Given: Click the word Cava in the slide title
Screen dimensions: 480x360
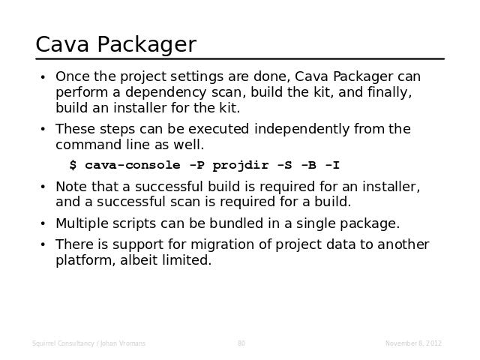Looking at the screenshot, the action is (62, 44).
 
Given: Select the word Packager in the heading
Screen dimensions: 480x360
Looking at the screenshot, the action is (147, 45).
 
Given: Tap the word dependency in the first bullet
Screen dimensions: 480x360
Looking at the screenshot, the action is (166, 93).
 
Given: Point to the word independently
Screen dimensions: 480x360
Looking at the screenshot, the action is (301, 130).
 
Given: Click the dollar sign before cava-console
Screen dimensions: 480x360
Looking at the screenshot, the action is (73, 165).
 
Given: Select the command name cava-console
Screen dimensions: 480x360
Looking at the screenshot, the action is (133, 165).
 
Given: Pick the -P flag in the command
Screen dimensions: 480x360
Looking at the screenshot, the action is (196, 165).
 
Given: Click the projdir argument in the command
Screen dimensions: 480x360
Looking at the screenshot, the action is (241, 166).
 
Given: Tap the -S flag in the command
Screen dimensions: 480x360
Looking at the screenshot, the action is (284, 165).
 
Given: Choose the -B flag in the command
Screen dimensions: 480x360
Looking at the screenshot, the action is (308, 165).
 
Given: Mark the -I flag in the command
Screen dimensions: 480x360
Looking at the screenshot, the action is (332, 165).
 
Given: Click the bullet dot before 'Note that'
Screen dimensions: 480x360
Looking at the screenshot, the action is (43, 187).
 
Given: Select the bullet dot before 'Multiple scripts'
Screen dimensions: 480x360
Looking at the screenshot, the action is (43, 223).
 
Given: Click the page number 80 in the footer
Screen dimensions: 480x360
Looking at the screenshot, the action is (241, 343).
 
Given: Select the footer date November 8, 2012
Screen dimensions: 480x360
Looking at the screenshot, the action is (413, 343).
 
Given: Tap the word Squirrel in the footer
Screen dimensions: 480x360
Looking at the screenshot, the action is (44, 343).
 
